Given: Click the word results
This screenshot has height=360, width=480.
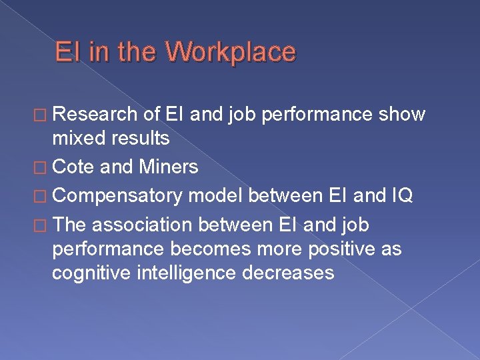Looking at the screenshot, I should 141,138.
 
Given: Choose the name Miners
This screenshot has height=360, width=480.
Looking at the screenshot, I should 168,167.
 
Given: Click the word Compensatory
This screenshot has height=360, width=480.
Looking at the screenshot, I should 117,196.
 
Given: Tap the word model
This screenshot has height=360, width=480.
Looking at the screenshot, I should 216,196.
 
